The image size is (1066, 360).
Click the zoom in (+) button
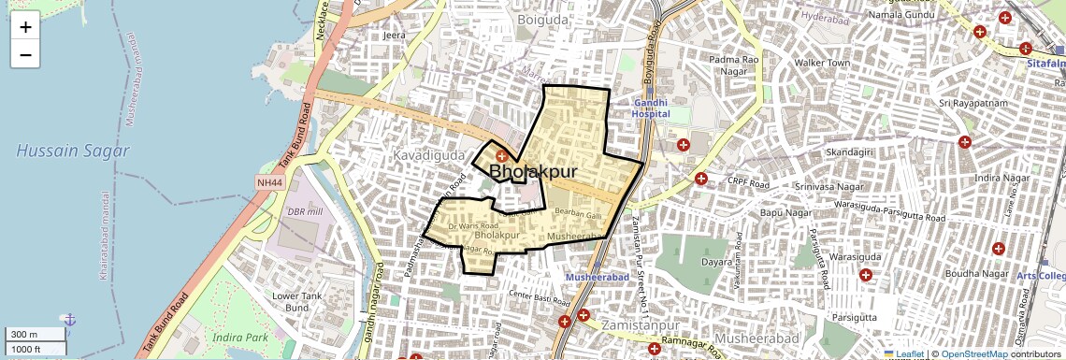point(25,27)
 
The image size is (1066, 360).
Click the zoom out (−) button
point(25,55)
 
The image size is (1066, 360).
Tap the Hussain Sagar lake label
point(73,151)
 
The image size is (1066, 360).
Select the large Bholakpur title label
point(532,172)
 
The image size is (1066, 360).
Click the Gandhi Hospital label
point(651,108)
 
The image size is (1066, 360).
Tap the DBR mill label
point(305,211)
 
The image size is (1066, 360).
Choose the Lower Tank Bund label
point(297,301)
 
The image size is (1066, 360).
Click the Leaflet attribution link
point(903,353)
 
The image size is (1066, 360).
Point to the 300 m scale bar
point(34,335)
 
